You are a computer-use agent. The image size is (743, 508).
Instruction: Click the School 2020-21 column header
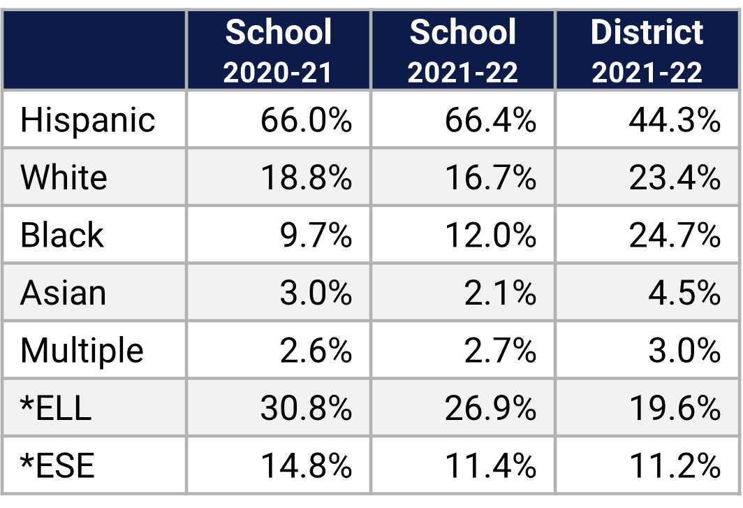click(278, 51)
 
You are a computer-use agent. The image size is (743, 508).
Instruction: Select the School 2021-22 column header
click(463, 51)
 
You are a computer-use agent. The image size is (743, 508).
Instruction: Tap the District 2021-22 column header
click(647, 51)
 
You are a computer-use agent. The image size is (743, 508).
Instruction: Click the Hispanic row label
click(87, 120)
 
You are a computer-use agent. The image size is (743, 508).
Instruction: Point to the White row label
click(64, 177)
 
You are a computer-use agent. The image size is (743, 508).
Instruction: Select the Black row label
click(61, 235)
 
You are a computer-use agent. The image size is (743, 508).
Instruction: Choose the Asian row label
click(63, 293)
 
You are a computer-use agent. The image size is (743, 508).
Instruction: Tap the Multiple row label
click(82, 351)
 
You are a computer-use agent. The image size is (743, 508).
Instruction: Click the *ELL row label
click(56, 408)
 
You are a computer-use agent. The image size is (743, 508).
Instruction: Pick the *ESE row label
click(57, 465)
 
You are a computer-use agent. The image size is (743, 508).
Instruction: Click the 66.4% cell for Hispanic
click(490, 120)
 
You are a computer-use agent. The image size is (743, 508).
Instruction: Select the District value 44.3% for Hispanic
click(675, 120)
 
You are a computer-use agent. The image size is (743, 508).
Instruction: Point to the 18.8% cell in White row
click(306, 178)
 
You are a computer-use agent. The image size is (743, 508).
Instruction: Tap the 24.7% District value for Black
click(675, 235)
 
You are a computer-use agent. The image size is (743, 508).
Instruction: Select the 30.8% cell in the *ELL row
click(306, 408)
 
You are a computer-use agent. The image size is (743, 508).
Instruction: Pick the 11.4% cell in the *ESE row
click(490, 465)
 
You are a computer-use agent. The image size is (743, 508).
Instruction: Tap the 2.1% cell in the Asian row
click(500, 293)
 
